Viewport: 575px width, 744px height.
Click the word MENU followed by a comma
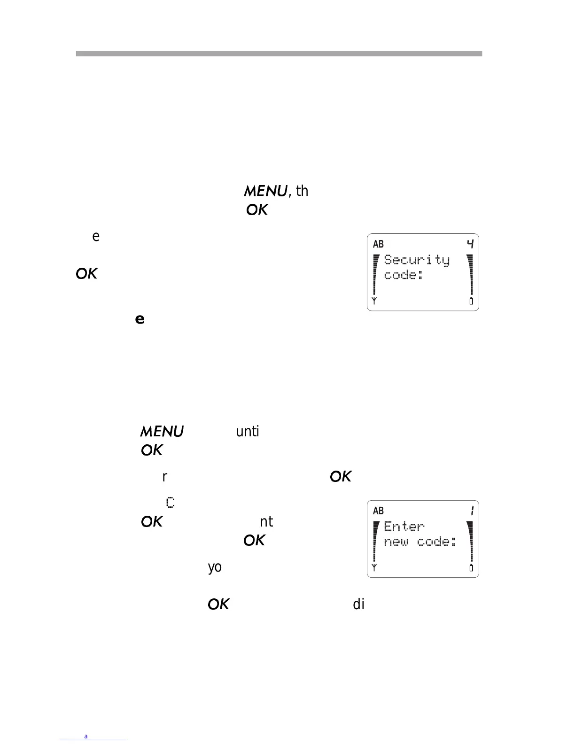[265, 191]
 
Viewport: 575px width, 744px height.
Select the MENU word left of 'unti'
[162, 431]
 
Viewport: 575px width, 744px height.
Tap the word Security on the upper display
[417, 260]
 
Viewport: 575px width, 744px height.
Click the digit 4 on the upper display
[470, 244]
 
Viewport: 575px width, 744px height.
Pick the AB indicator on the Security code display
[378, 244]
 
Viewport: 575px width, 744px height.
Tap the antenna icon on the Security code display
[374, 301]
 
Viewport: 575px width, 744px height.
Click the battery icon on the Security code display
[471, 301]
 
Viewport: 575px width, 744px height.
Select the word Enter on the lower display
[404, 527]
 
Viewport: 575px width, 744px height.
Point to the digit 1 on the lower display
[472, 511]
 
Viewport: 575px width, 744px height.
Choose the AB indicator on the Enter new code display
[378, 511]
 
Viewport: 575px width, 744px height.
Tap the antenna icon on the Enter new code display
[374, 568]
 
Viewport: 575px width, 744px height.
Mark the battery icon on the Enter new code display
[471, 568]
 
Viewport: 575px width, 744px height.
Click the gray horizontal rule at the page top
[279, 54]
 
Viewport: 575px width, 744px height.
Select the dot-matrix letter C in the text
[171, 503]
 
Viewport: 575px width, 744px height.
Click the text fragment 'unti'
[248, 431]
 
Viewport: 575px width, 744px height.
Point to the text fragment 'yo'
[215, 567]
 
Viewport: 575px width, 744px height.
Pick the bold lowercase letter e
[140, 319]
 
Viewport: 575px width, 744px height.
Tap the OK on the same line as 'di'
[218, 604]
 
